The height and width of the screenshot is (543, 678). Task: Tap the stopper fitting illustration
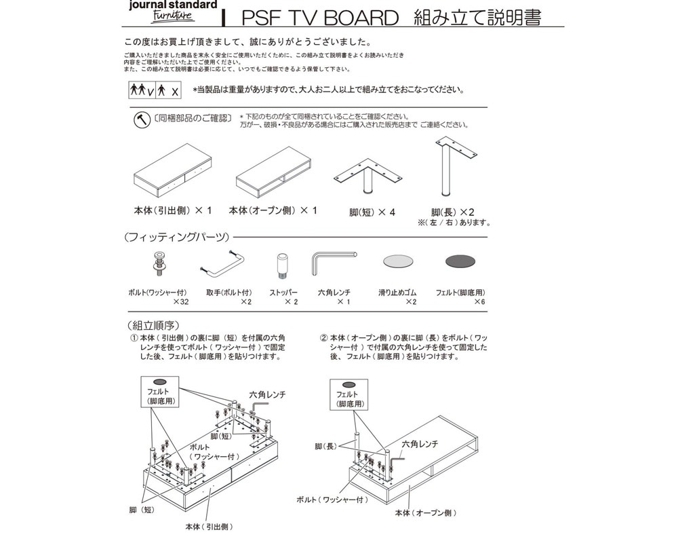pyautogui.click(x=282, y=265)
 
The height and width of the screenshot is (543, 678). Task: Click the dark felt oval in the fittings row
pyautogui.click(x=464, y=261)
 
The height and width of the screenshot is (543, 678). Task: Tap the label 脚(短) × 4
pyautogui.click(x=372, y=212)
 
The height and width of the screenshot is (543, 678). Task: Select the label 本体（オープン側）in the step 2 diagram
pyautogui.click(x=426, y=512)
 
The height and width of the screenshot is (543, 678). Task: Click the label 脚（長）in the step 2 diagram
pyautogui.click(x=325, y=447)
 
